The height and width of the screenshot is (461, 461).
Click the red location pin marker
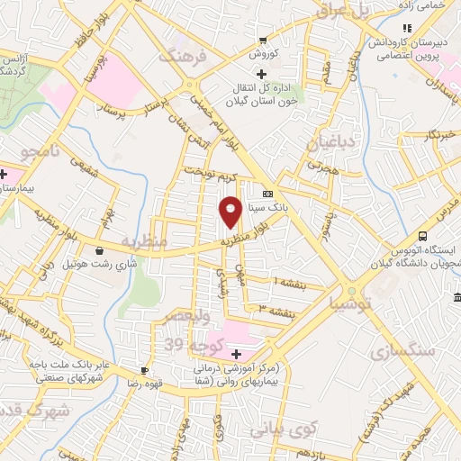click(230, 211)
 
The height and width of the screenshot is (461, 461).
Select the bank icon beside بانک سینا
click(267, 194)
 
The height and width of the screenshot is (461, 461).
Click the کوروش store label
click(262, 54)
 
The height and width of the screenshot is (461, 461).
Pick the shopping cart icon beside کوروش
click(262, 40)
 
